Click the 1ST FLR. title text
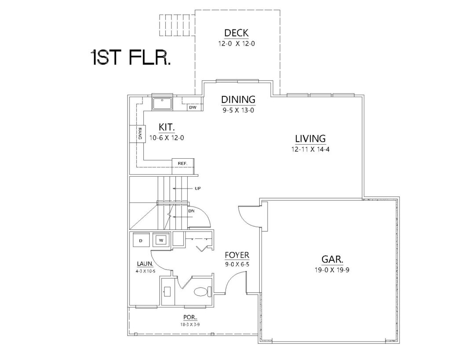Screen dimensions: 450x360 point(131,57)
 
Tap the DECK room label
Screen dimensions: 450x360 point(236,33)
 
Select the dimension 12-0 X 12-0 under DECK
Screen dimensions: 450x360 point(236,44)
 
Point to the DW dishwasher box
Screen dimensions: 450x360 point(193,107)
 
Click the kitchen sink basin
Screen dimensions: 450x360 point(162,103)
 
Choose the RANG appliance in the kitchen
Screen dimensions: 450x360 point(136,134)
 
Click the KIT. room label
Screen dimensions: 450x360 point(167,127)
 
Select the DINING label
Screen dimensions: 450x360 point(238,99)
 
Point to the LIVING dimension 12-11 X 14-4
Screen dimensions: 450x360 point(310,149)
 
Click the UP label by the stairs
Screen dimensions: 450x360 point(198,188)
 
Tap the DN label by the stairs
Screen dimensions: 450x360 point(192,211)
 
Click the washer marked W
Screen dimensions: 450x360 point(161,240)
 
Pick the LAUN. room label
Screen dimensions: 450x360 point(145,264)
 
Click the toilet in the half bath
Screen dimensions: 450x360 point(203,292)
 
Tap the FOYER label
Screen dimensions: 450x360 point(237,255)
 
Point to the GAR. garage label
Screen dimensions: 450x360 point(332,259)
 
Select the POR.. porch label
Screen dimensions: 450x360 point(190,317)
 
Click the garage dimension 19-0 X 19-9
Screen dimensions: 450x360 point(332,270)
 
